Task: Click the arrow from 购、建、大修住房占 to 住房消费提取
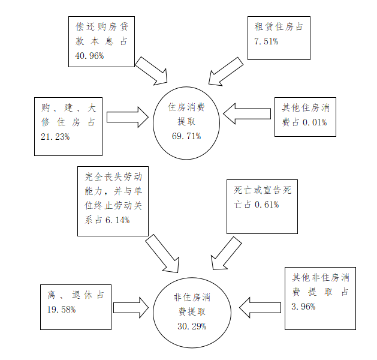(128, 116)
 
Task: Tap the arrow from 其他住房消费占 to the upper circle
(246, 113)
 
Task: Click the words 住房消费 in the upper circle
(186, 107)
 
